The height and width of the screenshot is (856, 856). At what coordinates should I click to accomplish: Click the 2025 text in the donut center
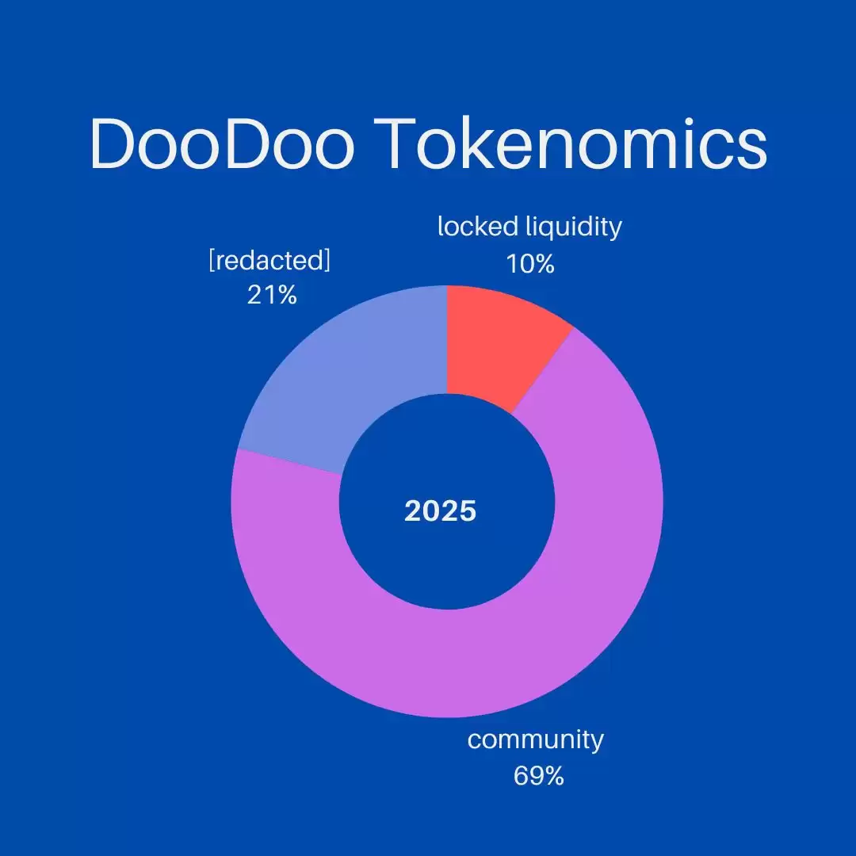pos(440,511)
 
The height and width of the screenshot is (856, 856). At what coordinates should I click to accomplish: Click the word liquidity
pos(575,228)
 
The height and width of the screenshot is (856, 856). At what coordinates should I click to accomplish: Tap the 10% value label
pos(529,263)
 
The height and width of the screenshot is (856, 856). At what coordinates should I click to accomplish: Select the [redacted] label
pos(269,261)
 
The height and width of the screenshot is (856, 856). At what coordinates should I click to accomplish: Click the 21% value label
pos(272,296)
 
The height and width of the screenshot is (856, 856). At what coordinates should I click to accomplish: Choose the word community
pos(535,740)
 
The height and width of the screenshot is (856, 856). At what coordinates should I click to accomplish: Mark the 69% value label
pos(538,775)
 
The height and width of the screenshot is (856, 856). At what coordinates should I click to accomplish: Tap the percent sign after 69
pos(553,775)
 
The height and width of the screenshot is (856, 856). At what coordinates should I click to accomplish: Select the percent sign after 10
pos(543,263)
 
